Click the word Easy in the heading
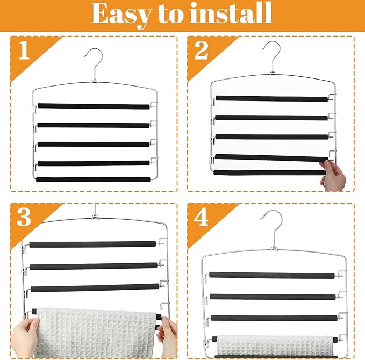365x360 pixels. (x=121, y=15)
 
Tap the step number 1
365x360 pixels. (x=24, y=51)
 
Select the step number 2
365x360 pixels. (x=201, y=51)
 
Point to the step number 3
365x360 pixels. (x=24, y=217)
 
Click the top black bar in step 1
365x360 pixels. (x=94, y=106)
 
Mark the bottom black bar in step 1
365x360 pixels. (x=93, y=179)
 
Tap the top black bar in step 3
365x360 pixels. (x=92, y=244)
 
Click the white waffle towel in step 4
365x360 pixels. (x=275, y=345)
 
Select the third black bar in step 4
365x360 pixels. (x=274, y=318)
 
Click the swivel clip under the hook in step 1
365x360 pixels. (x=94, y=81)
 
